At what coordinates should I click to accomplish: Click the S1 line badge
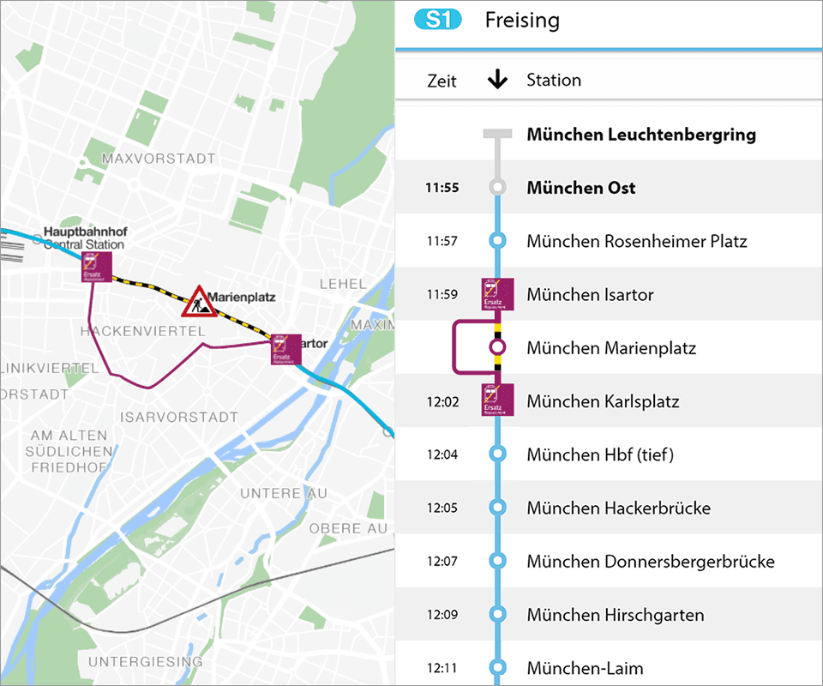(x=438, y=20)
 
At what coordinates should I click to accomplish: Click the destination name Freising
(x=521, y=20)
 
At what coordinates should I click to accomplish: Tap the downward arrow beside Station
(x=497, y=80)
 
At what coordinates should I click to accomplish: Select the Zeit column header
(x=442, y=81)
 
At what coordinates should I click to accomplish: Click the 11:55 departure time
(x=442, y=188)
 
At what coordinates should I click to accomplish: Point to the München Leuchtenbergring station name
(x=641, y=135)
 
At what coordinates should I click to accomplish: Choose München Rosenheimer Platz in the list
(x=637, y=241)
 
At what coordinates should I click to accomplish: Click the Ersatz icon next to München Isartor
(x=497, y=294)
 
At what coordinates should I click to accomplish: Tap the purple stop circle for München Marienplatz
(x=497, y=348)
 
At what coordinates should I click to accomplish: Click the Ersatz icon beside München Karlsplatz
(x=497, y=400)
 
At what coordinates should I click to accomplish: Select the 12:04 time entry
(x=442, y=454)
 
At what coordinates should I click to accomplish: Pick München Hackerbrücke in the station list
(x=618, y=508)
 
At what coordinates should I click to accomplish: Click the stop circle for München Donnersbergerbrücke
(x=497, y=562)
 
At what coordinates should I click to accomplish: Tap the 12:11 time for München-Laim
(x=442, y=668)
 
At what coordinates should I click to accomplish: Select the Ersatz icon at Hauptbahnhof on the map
(x=97, y=267)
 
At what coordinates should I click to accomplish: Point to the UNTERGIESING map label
(x=146, y=662)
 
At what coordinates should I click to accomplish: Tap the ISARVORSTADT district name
(x=180, y=418)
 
